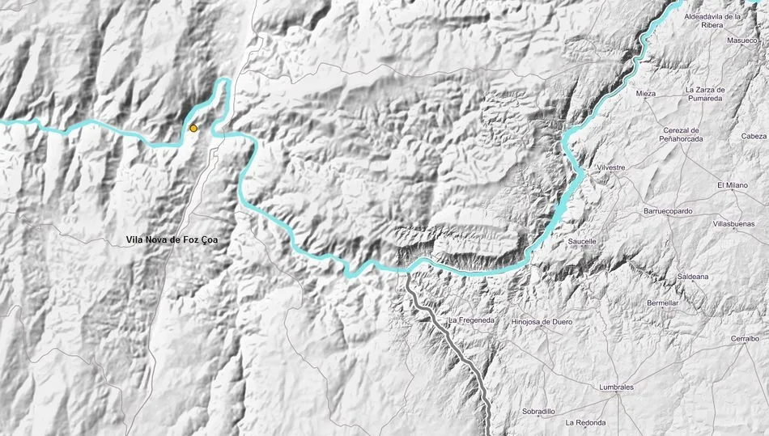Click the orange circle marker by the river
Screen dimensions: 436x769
(193, 128)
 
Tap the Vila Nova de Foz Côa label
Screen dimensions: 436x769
(172, 240)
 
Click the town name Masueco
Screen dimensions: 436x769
(741, 40)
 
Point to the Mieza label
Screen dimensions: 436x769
(645, 94)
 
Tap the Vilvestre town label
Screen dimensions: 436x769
(611, 167)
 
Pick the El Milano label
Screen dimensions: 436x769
(733, 185)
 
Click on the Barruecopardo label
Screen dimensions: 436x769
(668, 211)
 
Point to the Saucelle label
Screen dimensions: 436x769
(582, 241)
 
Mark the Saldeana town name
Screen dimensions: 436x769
(693, 277)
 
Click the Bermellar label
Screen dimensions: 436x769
(663, 303)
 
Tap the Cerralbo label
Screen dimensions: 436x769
(744, 340)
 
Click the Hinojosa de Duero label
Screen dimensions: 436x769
(542, 322)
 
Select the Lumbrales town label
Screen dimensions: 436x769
(617, 387)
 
